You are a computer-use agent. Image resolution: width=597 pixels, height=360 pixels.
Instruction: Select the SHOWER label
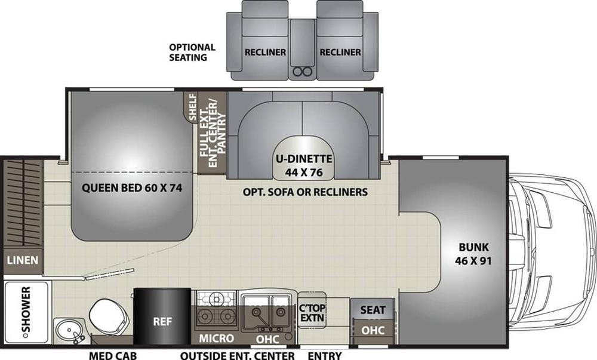click(26, 310)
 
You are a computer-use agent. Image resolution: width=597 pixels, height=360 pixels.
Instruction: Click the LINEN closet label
click(23, 260)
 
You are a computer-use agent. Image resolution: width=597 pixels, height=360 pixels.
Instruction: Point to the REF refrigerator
click(162, 316)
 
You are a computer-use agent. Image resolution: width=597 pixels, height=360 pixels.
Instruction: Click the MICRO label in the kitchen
click(216, 339)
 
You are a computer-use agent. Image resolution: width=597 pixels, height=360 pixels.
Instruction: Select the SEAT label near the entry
click(373, 310)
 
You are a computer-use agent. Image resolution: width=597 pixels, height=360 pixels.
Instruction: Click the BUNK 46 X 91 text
click(473, 254)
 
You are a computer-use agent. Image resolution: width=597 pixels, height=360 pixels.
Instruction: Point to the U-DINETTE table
click(304, 158)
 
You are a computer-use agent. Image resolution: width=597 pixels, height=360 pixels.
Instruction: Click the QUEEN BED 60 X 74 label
click(132, 187)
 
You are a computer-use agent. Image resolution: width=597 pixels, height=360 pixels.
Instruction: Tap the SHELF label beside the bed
click(193, 107)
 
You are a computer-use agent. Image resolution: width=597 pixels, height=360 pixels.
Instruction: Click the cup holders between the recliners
click(303, 71)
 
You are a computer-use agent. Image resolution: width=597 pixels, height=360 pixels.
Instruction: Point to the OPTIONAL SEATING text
click(192, 53)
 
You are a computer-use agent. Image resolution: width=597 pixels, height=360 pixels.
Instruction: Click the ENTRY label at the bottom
click(324, 356)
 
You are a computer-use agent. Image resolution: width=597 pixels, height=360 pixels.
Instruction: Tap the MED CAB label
click(113, 356)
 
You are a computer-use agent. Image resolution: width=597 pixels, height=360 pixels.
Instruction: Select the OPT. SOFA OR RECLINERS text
click(305, 192)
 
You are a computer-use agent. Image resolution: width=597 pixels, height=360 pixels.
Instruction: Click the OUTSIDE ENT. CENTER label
click(238, 356)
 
